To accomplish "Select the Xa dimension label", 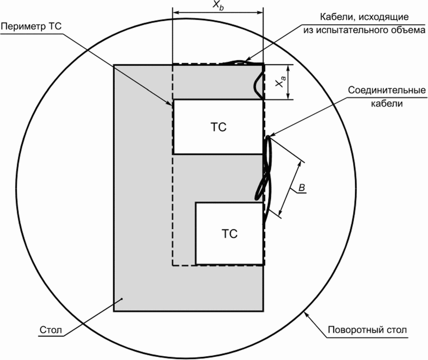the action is [x=280, y=82].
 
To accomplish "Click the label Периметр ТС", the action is [x=31, y=27].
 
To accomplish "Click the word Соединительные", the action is [x=387, y=90].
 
